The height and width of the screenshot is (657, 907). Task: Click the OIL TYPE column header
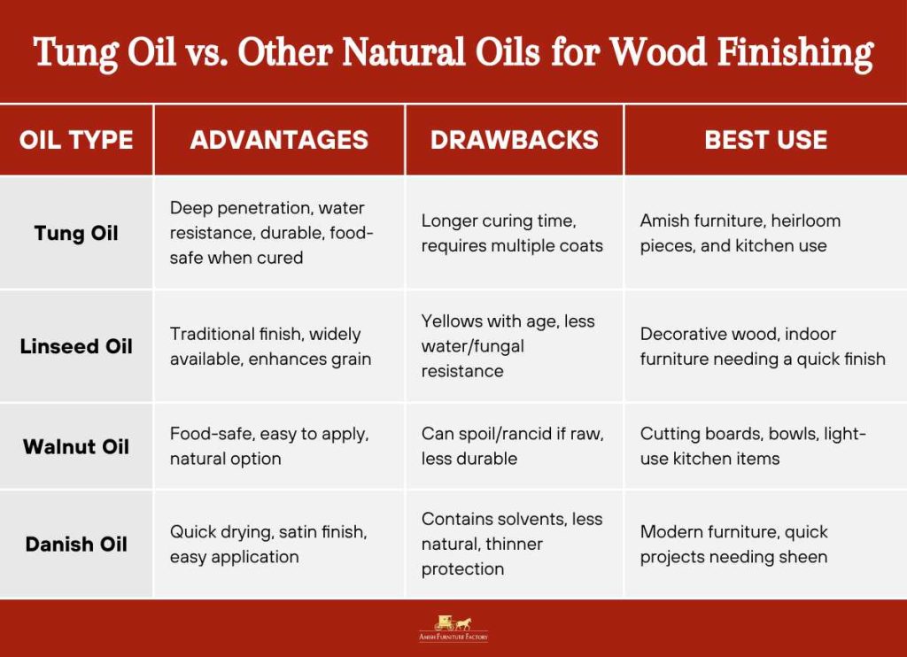click(x=76, y=140)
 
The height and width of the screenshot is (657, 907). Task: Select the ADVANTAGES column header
click(x=279, y=140)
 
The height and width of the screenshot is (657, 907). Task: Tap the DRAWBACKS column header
click(x=514, y=140)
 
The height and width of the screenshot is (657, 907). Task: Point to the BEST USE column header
click(x=765, y=140)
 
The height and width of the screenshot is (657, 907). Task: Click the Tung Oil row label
click(x=76, y=233)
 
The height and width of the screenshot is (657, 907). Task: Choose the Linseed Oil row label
click(x=76, y=346)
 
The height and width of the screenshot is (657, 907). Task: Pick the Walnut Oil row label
click(x=76, y=446)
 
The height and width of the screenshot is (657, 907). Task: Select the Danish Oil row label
click(x=76, y=544)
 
